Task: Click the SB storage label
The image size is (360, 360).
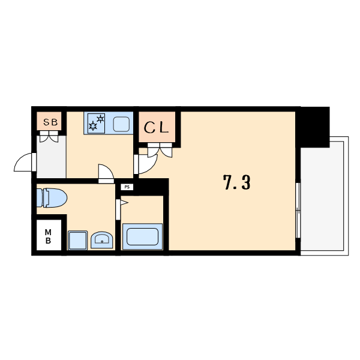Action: click(50, 122)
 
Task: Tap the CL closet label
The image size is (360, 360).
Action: click(157, 128)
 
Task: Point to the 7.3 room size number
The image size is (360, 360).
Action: click(236, 182)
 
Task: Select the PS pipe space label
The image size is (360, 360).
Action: click(127, 187)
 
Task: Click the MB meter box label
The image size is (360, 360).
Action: click(48, 236)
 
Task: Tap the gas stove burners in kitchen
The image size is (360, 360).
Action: click(97, 123)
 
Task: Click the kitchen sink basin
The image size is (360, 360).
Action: click(121, 124)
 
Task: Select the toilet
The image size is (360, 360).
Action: click(52, 198)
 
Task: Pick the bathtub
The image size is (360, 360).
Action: click(142, 236)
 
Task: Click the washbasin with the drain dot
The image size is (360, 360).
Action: click(102, 240)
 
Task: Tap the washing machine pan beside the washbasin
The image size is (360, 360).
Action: click(77, 241)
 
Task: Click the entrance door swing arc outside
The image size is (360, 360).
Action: click(23, 162)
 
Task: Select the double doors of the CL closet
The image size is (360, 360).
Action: click(160, 150)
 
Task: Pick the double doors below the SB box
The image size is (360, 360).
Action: click(49, 137)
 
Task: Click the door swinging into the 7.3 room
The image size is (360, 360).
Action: click(146, 164)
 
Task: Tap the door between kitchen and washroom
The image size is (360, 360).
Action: click(106, 174)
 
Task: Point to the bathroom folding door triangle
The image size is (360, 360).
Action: click(124, 203)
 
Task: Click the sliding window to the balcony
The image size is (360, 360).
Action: click(298, 211)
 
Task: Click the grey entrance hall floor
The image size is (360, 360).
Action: click(52, 157)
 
